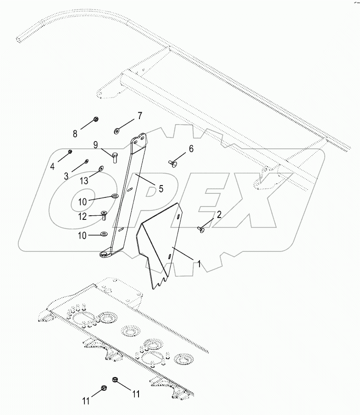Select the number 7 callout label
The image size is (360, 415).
click(140, 115)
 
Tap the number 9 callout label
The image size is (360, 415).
click(95, 145)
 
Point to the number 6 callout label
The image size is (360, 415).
click(191, 149)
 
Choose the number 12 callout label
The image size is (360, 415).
click(83, 216)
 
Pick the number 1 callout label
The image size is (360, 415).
click(199, 264)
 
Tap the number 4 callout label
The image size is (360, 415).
click(53, 166)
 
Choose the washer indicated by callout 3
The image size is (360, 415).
click(87, 161)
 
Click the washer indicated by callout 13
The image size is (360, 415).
click(101, 168)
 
